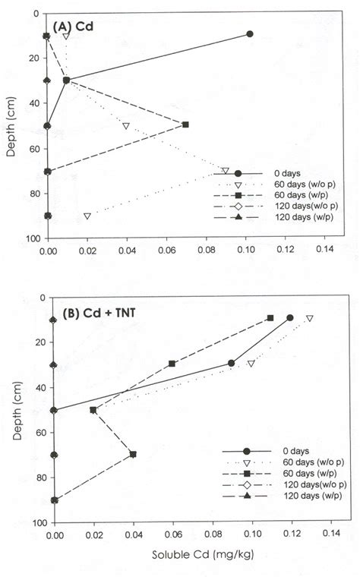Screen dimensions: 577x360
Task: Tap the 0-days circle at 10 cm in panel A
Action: (249, 34)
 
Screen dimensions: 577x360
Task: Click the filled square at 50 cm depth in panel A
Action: (186, 125)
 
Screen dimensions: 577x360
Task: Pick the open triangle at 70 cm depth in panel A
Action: (225, 170)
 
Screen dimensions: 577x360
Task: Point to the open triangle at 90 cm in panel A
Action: (87, 216)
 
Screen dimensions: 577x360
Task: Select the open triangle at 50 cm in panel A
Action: (126, 125)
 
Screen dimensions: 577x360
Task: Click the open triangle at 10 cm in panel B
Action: (310, 318)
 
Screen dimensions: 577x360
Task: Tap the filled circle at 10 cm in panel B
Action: (290, 318)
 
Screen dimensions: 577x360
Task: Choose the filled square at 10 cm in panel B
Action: (270, 318)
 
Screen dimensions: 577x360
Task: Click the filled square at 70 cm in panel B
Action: (133, 454)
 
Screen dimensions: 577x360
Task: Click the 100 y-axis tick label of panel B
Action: (36, 524)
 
